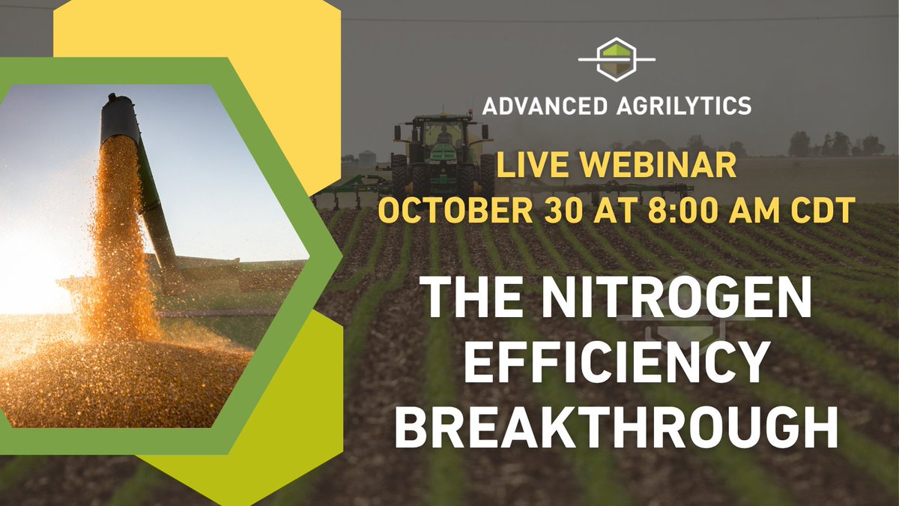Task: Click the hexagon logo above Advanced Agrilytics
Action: click(x=617, y=59)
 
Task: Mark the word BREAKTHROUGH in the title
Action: click(x=617, y=430)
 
